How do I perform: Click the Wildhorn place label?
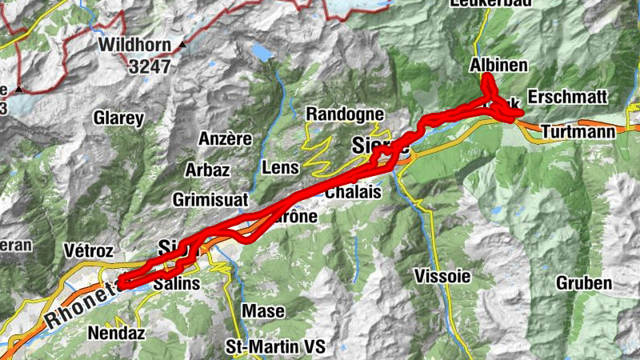(x=136, y=46)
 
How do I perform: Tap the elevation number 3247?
(x=149, y=67)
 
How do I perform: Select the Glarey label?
(x=118, y=119)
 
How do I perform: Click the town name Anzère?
(x=224, y=138)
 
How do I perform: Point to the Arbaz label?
(x=207, y=170)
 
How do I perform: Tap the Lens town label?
(x=280, y=168)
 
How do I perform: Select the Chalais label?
(x=348, y=193)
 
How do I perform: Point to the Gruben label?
(x=584, y=283)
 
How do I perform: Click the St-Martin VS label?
(x=276, y=347)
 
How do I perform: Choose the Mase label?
(x=262, y=310)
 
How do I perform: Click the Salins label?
(x=177, y=284)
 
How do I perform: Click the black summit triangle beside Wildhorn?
(x=183, y=46)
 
